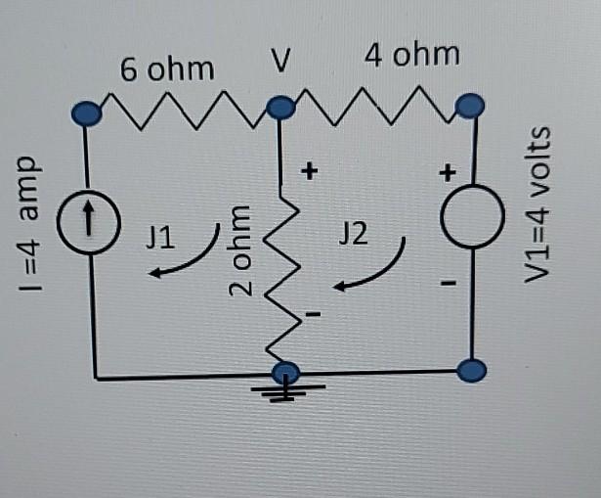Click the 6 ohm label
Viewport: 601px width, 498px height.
[x=166, y=69]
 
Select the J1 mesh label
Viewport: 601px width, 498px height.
[x=161, y=235]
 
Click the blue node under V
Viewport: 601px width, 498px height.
[x=281, y=106]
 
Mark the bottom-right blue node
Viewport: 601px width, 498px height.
[x=471, y=371]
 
